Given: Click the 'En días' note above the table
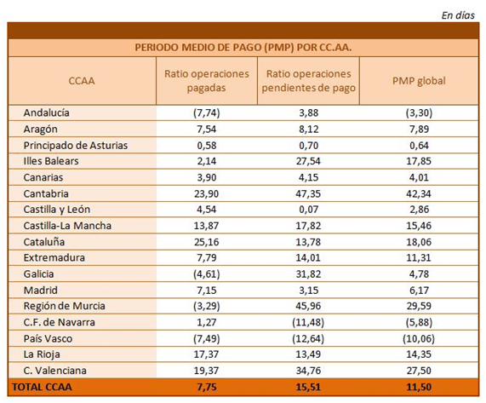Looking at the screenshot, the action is pyautogui.click(x=458, y=15).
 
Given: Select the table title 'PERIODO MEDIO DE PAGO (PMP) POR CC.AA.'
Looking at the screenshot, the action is pyautogui.click(x=243, y=48).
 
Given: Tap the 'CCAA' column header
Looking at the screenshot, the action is pyautogui.click(x=82, y=81).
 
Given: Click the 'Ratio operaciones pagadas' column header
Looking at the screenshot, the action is pyautogui.click(x=207, y=81).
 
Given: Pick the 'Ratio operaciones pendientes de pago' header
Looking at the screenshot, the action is pyautogui.click(x=308, y=81).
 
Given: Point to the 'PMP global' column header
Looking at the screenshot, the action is pyautogui.click(x=419, y=81).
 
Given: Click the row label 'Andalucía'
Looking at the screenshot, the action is pyautogui.click(x=46, y=112).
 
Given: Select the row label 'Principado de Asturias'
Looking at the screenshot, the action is pyautogui.click(x=75, y=145).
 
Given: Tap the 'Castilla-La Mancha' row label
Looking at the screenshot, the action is pyautogui.click(x=67, y=226).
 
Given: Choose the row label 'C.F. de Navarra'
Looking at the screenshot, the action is pyautogui.click(x=60, y=322).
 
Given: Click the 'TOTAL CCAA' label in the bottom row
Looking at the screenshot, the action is pyautogui.click(x=42, y=387).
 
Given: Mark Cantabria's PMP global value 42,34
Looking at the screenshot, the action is pyautogui.click(x=419, y=193).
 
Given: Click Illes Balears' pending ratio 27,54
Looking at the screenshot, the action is pyautogui.click(x=308, y=161).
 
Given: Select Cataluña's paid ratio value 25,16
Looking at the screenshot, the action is pyautogui.click(x=207, y=242).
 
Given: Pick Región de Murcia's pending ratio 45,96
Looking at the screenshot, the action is pyautogui.click(x=308, y=306).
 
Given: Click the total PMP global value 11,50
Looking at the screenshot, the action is pyautogui.click(x=419, y=387).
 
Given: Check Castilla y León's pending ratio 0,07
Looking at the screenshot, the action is pyautogui.click(x=308, y=210).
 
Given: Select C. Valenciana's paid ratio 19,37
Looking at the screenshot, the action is pyautogui.click(x=207, y=371).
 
